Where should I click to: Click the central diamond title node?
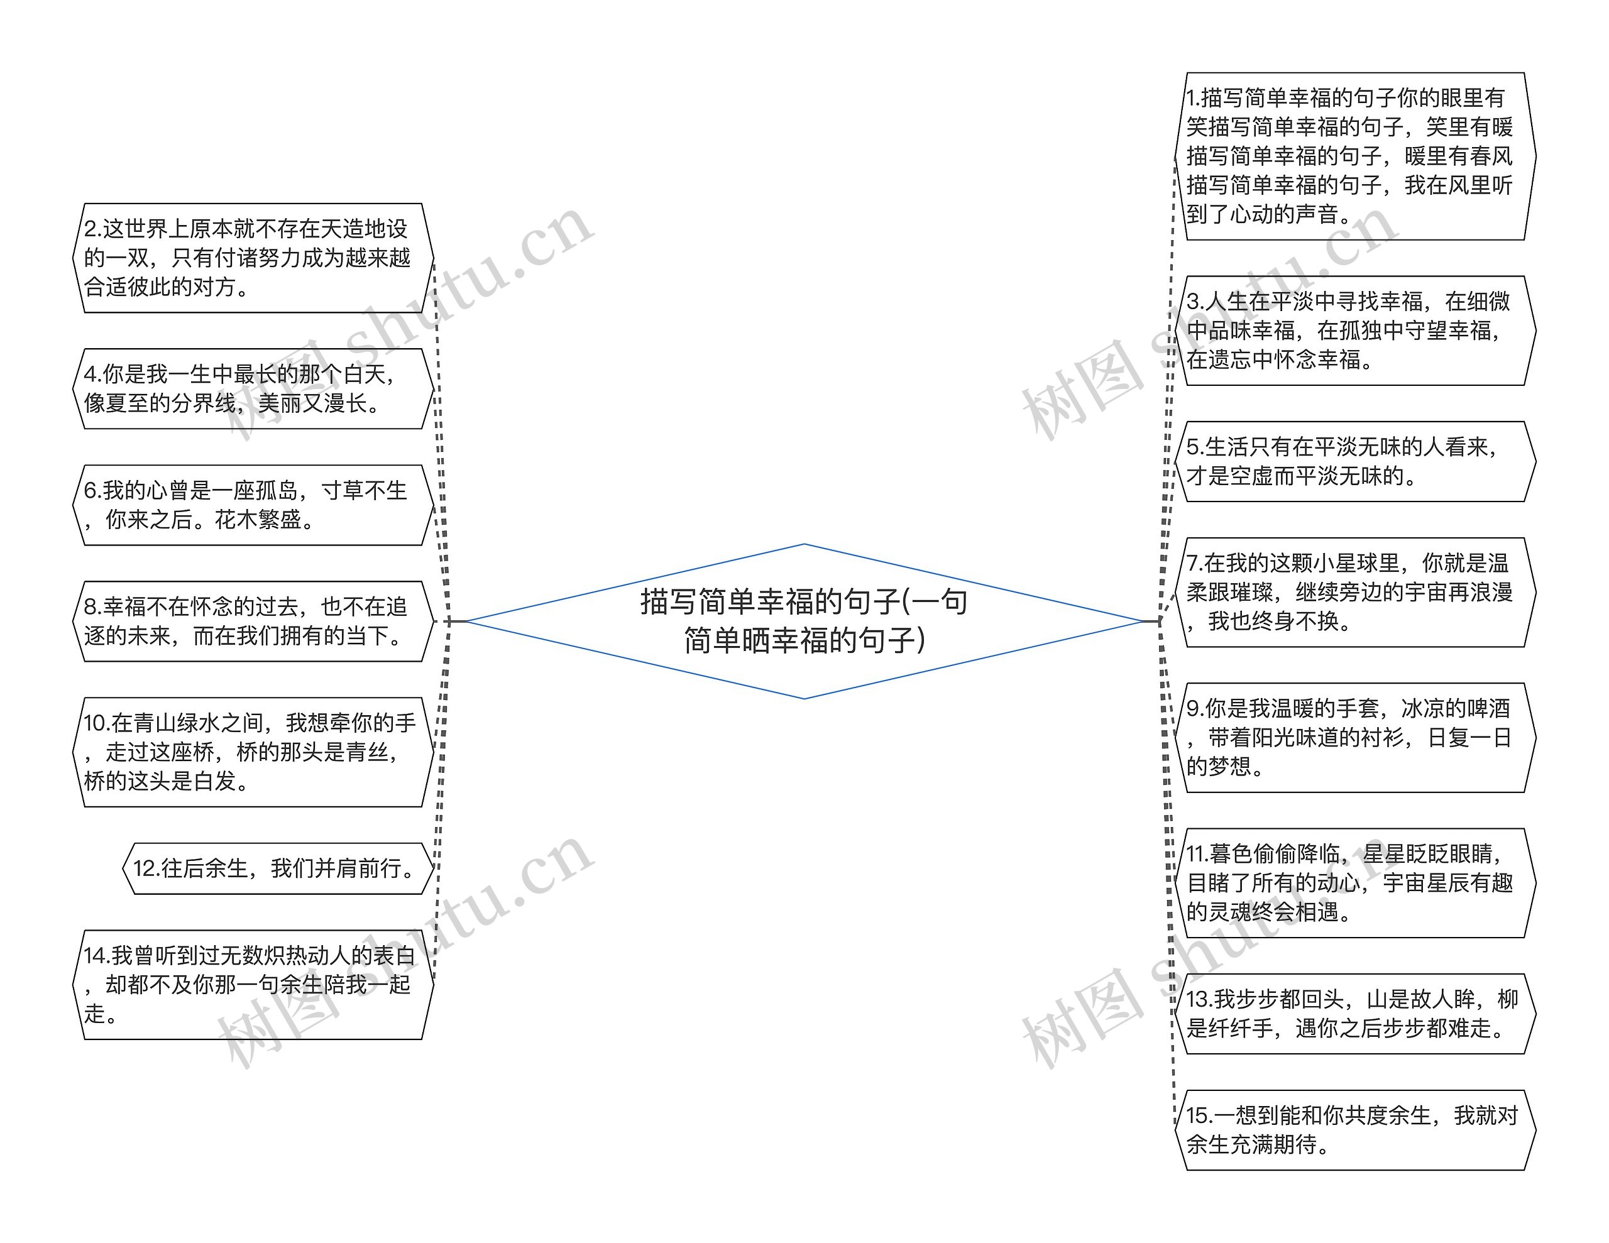(804, 620)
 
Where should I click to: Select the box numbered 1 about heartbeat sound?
(1354, 156)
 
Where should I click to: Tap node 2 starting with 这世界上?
(253, 258)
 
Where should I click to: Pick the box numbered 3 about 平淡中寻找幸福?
(1354, 330)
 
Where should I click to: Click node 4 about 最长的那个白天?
(253, 388)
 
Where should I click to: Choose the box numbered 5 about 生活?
(1354, 461)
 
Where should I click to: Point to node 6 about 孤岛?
(253, 505)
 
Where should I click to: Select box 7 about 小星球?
(1354, 592)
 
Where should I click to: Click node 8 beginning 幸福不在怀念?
(253, 620)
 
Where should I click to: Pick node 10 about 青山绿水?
(253, 752)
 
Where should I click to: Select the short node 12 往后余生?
(278, 868)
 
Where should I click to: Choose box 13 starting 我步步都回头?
(1354, 1013)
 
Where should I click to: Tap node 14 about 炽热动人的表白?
(253, 984)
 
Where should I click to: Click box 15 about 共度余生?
(1354, 1129)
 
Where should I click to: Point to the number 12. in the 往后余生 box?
(146, 868)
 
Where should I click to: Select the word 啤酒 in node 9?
(1488, 708)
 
